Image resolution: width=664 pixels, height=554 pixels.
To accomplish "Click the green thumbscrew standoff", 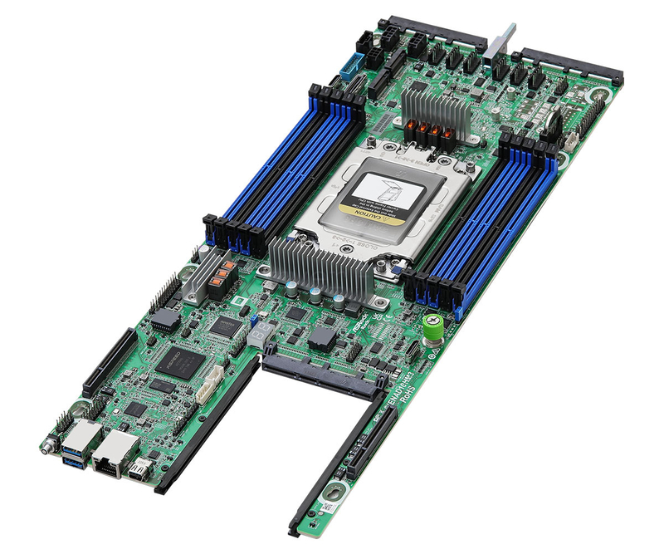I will pos(432,326).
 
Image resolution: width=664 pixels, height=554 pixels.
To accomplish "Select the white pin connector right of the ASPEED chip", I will pos(214,378).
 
